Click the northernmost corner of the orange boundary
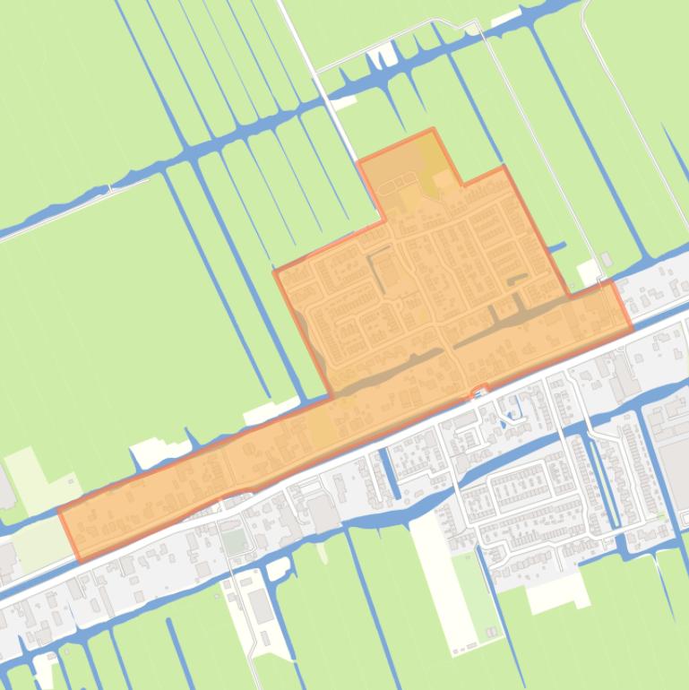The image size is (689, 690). tap(433, 130)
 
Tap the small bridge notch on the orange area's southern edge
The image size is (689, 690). tap(480, 390)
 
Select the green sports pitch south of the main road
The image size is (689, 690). tap(234, 541)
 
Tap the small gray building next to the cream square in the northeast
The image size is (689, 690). tap(607, 261)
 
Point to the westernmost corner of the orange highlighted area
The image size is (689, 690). tap(59, 512)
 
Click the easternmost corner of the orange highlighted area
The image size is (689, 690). tap(632, 328)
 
